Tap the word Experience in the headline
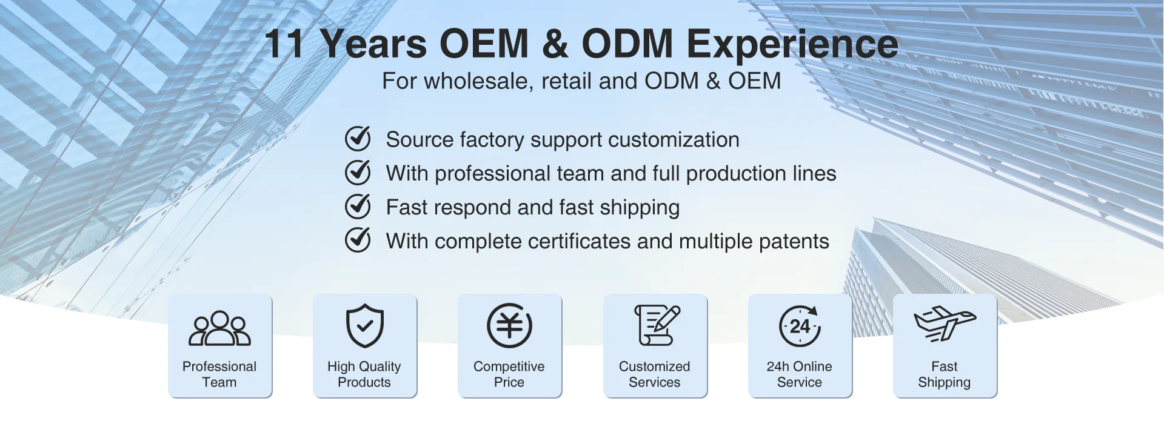[x=792, y=45]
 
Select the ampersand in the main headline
[x=555, y=44]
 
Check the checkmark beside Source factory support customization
[x=358, y=139]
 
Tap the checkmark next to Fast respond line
[x=358, y=207]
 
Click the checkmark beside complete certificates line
[x=358, y=240]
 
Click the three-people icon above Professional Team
[x=219, y=328]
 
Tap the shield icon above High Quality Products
[x=364, y=326]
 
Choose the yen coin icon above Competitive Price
[x=509, y=326]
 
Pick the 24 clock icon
[x=800, y=326]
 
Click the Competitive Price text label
[x=509, y=374]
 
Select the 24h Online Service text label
[x=800, y=374]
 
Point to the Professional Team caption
[x=219, y=374]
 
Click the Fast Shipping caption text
[x=945, y=374]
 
